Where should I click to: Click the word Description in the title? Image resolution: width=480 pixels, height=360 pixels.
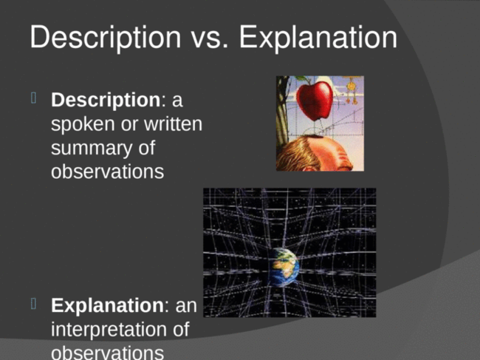point(106,38)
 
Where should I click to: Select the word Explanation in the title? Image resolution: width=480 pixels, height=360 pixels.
point(318,38)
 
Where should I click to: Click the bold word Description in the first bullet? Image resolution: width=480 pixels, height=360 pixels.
point(106,101)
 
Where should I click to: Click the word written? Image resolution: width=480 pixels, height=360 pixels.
point(173,123)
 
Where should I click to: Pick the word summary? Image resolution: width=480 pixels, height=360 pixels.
point(92,149)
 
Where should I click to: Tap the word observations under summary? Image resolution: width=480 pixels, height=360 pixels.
point(108,171)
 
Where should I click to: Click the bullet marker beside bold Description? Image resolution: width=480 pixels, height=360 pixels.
point(34,98)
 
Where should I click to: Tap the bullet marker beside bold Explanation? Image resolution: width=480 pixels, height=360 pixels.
point(34,304)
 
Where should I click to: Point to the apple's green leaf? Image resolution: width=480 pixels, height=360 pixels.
point(303,79)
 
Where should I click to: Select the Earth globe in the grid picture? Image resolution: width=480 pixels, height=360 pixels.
point(284,267)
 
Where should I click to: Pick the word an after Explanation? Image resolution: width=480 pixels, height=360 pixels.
point(186,306)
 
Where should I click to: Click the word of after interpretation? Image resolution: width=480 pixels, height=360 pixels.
point(181,329)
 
